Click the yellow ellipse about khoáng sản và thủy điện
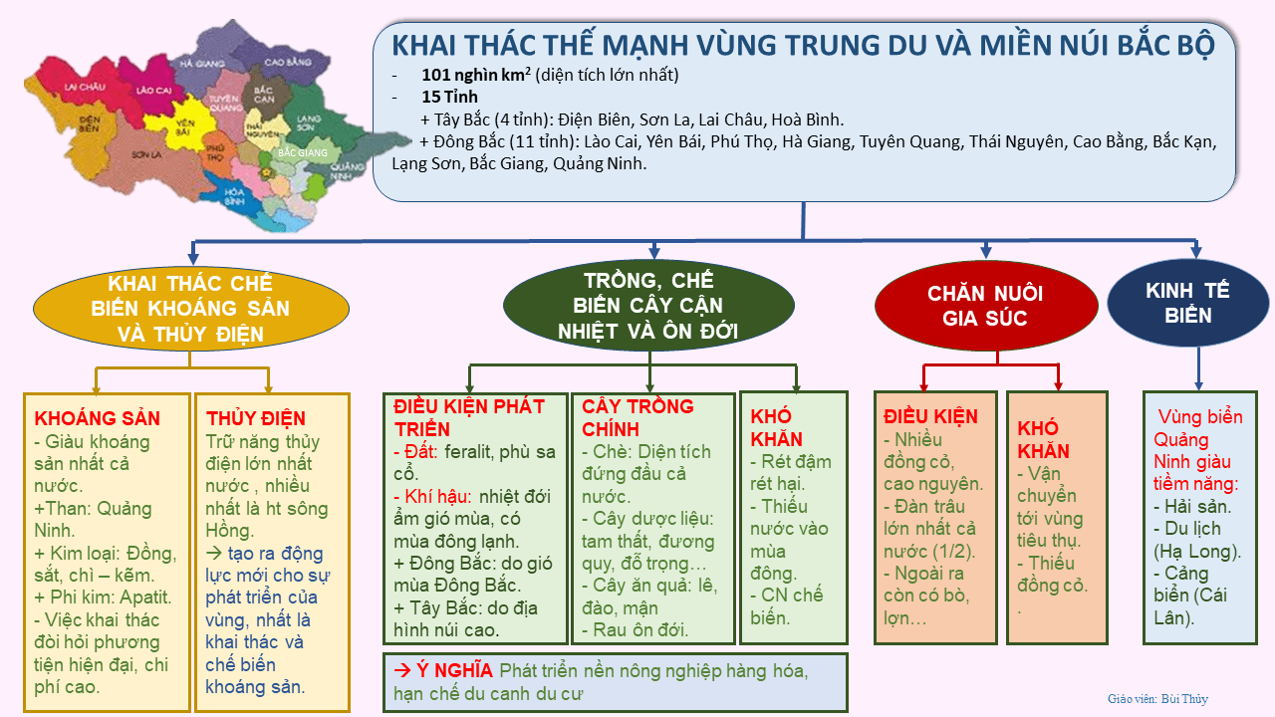click(191, 309)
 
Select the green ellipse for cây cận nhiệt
click(648, 305)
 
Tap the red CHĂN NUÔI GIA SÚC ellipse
click(985, 306)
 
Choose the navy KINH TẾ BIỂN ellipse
click(1187, 303)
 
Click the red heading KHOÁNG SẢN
click(97, 418)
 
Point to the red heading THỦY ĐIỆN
click(256, 418)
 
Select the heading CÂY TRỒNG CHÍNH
click(637, 417)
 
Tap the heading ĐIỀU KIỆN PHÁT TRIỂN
click(469, 417)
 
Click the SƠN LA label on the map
click(145, 155)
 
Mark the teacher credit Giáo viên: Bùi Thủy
click(1157, 699)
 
